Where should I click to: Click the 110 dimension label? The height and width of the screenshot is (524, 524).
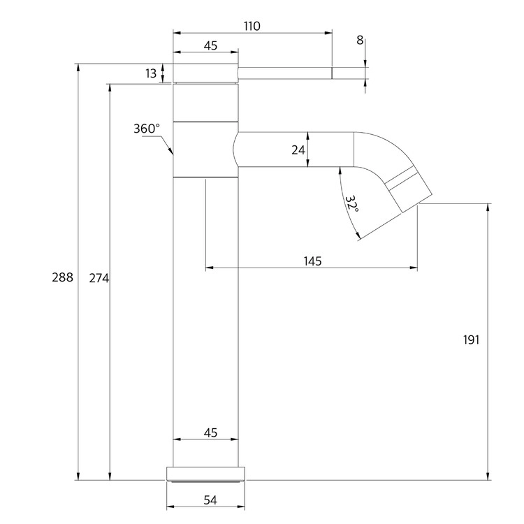click(x=252, y=26)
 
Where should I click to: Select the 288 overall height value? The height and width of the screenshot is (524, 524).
click(x=62, y=277)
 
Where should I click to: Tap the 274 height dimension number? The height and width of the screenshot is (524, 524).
click(x=99, y=278)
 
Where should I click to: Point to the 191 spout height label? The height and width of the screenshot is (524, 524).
click(x=471, y=340)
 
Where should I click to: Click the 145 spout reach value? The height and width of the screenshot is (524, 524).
click(x=312, y=261)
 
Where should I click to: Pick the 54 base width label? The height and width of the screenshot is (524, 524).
click(x=210, y=500)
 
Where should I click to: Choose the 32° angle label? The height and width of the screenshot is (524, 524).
click(x=351, y=203)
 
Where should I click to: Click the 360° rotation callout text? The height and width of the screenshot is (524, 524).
click(x=147, y=129)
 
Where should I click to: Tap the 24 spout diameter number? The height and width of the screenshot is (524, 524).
click(x=298, y=150)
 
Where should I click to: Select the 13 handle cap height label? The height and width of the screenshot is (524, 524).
click(x=151, y=73)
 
